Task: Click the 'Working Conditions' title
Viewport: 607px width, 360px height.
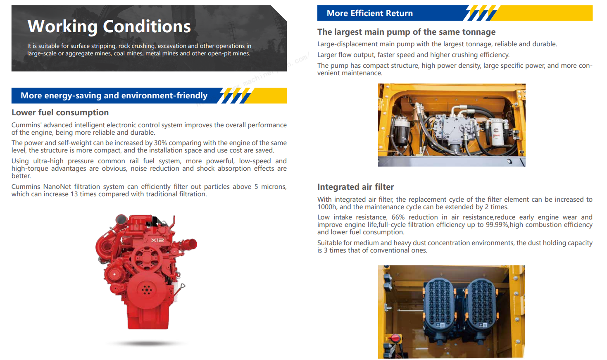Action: [109, 26]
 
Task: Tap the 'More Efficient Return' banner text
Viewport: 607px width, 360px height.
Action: [370, 13]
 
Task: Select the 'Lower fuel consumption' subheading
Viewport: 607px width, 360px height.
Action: [60, 112]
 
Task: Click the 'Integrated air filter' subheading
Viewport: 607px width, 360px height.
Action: [355, 187]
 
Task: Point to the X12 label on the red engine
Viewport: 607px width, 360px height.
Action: [157, 240]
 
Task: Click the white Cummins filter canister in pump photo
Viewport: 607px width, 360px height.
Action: [498, 133]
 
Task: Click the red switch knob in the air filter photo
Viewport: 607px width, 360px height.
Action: [395, 338]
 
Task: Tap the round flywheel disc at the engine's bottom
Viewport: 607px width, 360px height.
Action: [146, 289]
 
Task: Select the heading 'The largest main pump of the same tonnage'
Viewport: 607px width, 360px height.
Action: [407, 32]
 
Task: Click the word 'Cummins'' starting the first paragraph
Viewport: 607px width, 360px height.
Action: [26, 125]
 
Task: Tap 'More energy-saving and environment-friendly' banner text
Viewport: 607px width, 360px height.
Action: [114, 95]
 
